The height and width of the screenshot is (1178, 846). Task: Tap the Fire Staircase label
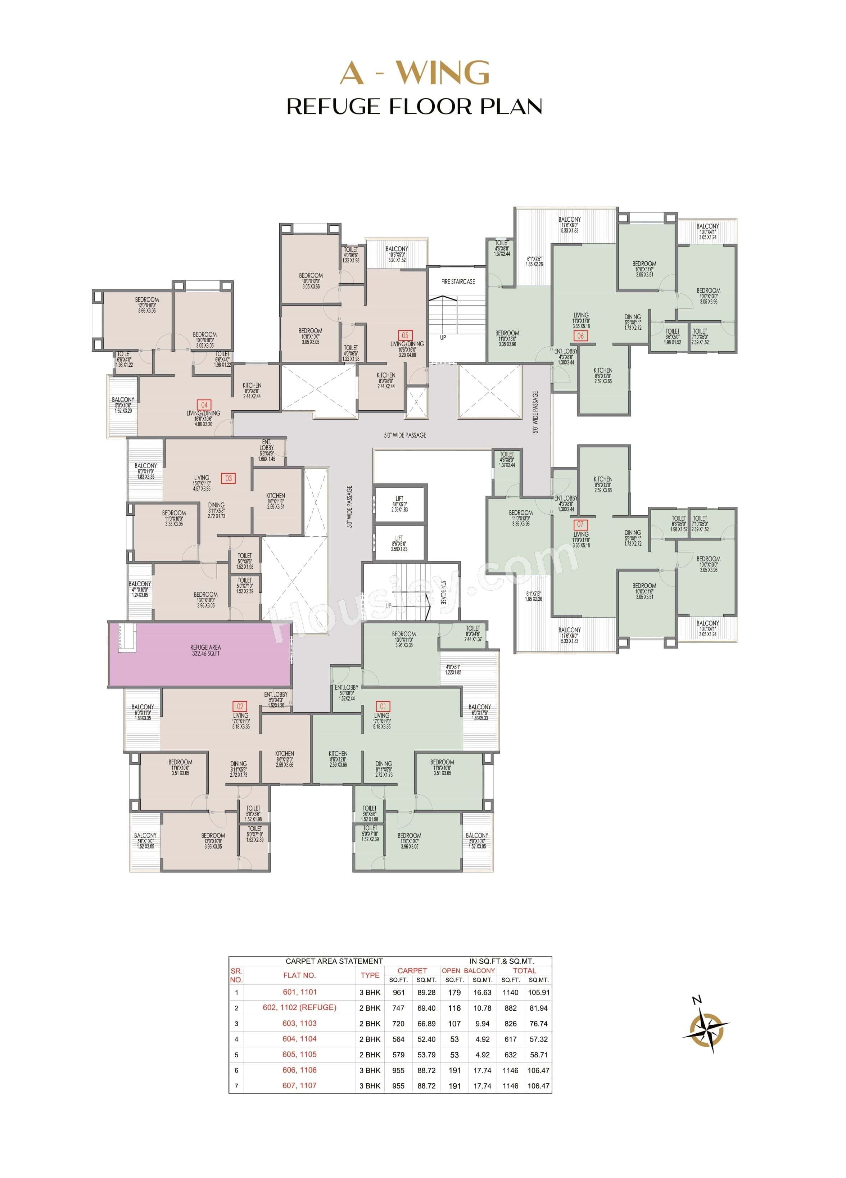(457, 281)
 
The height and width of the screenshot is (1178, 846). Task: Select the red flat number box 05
(404, 335)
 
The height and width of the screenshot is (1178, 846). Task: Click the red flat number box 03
(229, 478)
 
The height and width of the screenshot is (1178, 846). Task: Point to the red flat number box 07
(580, 524)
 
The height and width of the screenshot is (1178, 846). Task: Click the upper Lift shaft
(399, 504)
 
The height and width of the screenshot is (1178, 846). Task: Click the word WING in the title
(445, 73)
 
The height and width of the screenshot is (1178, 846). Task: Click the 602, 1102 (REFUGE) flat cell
(299, 1008)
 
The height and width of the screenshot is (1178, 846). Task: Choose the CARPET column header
(412, 971)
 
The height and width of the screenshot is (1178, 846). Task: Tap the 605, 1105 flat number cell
(299, 1055)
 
